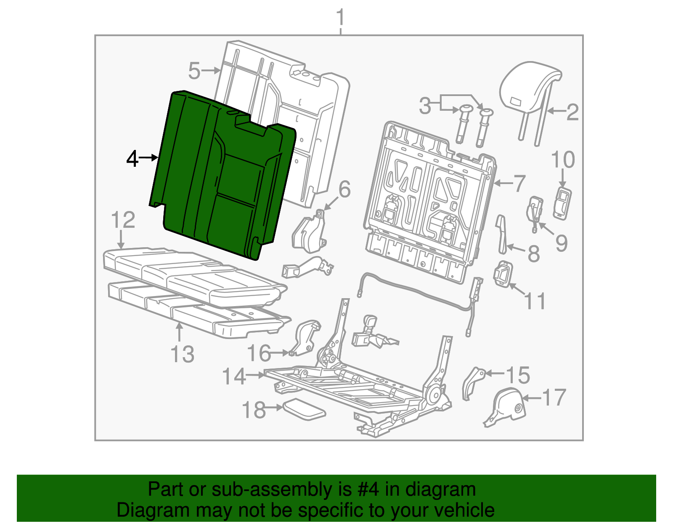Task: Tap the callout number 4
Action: coord(132,159)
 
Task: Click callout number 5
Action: coord(194,71)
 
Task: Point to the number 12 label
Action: coord(123,220)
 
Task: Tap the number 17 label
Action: coord(554,397)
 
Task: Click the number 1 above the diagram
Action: coord(340,17)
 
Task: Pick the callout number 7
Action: coord(519,183)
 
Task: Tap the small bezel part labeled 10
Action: coord(562,203)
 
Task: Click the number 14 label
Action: coord(234,376)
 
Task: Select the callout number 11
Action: coord(535,301)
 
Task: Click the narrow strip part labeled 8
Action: coord(502,235)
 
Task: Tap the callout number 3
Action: coord(425,106)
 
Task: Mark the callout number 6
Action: coord(344,189)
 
